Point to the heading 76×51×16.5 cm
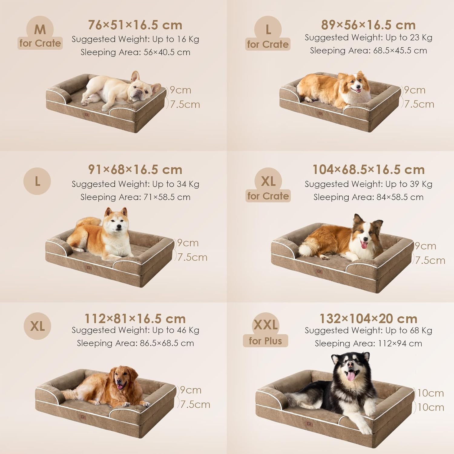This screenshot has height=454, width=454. [135, 25]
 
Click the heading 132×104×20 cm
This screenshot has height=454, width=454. [368, 319]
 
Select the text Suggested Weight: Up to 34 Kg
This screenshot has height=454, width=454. [135, 184]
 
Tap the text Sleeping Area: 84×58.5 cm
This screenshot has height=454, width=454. [368, 197]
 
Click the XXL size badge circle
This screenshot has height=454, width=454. [265, 325]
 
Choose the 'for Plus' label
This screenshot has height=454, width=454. [265, 341]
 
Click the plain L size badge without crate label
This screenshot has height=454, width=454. [37, 181]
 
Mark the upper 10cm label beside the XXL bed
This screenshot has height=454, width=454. [430, 393]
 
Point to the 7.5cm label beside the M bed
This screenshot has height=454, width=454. [185, 104]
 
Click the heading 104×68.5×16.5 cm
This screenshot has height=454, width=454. [368, 170]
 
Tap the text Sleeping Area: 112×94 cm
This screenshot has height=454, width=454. [368, 344]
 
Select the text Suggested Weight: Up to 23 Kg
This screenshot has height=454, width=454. [368, 38]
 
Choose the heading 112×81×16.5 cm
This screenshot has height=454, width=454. [135, 319]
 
